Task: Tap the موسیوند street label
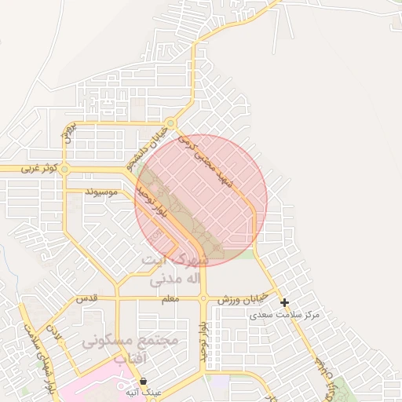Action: (103, 192)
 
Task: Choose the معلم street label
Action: (169, 299)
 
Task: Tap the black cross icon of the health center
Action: (284, 302)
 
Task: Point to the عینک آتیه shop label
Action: (142, 392)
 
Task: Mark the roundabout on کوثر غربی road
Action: (64, 169)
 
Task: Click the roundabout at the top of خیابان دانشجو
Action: (170, 122)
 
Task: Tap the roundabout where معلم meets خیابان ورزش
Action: (203, 298)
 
